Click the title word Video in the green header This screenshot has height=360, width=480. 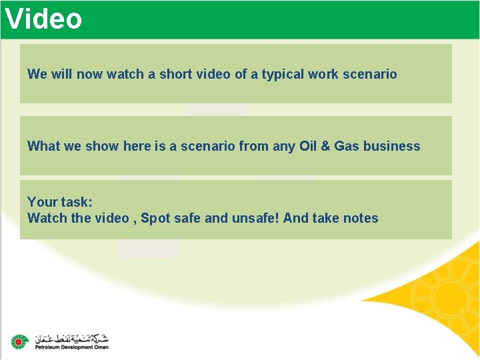(x=43, y=19)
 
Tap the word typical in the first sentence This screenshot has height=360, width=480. (x=283, y=74)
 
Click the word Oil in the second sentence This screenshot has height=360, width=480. (x=308, y=146)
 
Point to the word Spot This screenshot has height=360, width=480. (x=155, y=218)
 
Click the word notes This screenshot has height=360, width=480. (x=360, y=218)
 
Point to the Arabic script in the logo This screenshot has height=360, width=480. (x=71, y=337)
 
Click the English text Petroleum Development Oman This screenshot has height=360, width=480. (x=71, y=347)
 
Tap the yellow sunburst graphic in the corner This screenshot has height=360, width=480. (x=443, y=293)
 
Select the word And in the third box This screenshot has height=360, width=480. (x=295, y=218)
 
